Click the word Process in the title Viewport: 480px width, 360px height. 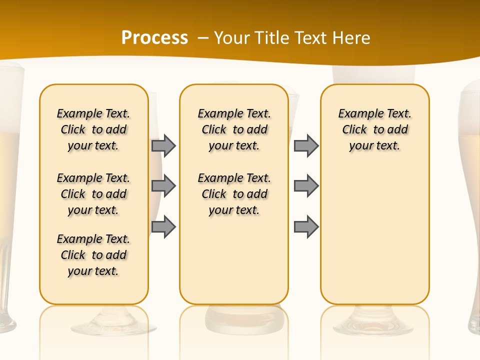(x=154, y=38)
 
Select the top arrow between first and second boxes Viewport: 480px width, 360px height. (x=163, y=146)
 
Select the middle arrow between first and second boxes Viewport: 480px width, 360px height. (x=163, y=186)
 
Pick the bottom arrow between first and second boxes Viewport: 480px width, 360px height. (x=163, y=226)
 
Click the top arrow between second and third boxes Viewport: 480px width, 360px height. (x=306, y=146)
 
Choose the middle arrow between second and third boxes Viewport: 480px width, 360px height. (x=306, y=186)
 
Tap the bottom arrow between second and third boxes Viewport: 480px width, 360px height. (x=306, y=226)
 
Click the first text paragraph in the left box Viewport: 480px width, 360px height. (x=93, y=129)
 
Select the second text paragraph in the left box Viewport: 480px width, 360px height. (x=93, y=194)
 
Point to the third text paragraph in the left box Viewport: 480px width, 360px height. (x=93, y=255)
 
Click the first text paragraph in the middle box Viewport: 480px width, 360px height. (x=234, y=129)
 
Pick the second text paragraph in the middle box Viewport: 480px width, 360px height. (x=234, y=194)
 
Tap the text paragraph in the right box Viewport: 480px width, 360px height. (x=375, y=129)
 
